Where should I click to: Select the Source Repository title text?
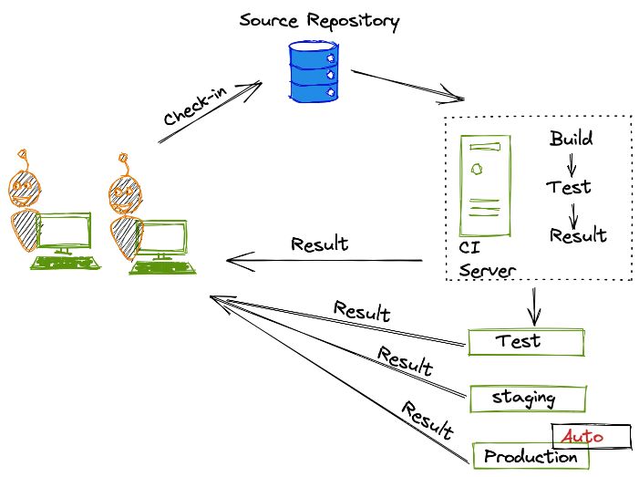pos(319,19)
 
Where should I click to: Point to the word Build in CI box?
pos(572,140)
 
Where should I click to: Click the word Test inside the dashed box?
pos(570,188)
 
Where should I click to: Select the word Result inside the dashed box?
pos(579,235)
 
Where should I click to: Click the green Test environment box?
pos(526,342)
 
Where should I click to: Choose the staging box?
pos(526,399)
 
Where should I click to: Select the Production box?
pos(529,456)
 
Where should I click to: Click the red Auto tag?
pos(590,437)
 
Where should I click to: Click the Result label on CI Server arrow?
pos(319,244)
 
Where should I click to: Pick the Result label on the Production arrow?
pos(428,419)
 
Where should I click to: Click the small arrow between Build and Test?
pos(572,165)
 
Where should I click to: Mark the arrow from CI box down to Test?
pos(534,305)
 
